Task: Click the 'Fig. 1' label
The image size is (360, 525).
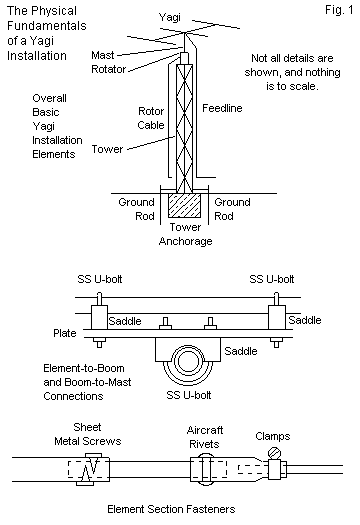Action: pos(339,10)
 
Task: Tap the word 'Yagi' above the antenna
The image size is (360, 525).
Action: pos(170,17)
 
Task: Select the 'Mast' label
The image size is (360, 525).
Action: pos(103,55)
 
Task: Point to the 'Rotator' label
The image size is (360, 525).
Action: pos(109,69)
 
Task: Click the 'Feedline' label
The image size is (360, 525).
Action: pos(222,108)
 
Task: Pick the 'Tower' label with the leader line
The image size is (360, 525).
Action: pos(107,149)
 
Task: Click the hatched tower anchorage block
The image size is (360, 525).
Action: pos(185,205)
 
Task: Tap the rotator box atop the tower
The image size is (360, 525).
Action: pos(185,58)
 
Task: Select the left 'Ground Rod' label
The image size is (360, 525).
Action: pos(137,209)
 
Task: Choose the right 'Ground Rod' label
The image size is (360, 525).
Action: pos(232,209)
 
